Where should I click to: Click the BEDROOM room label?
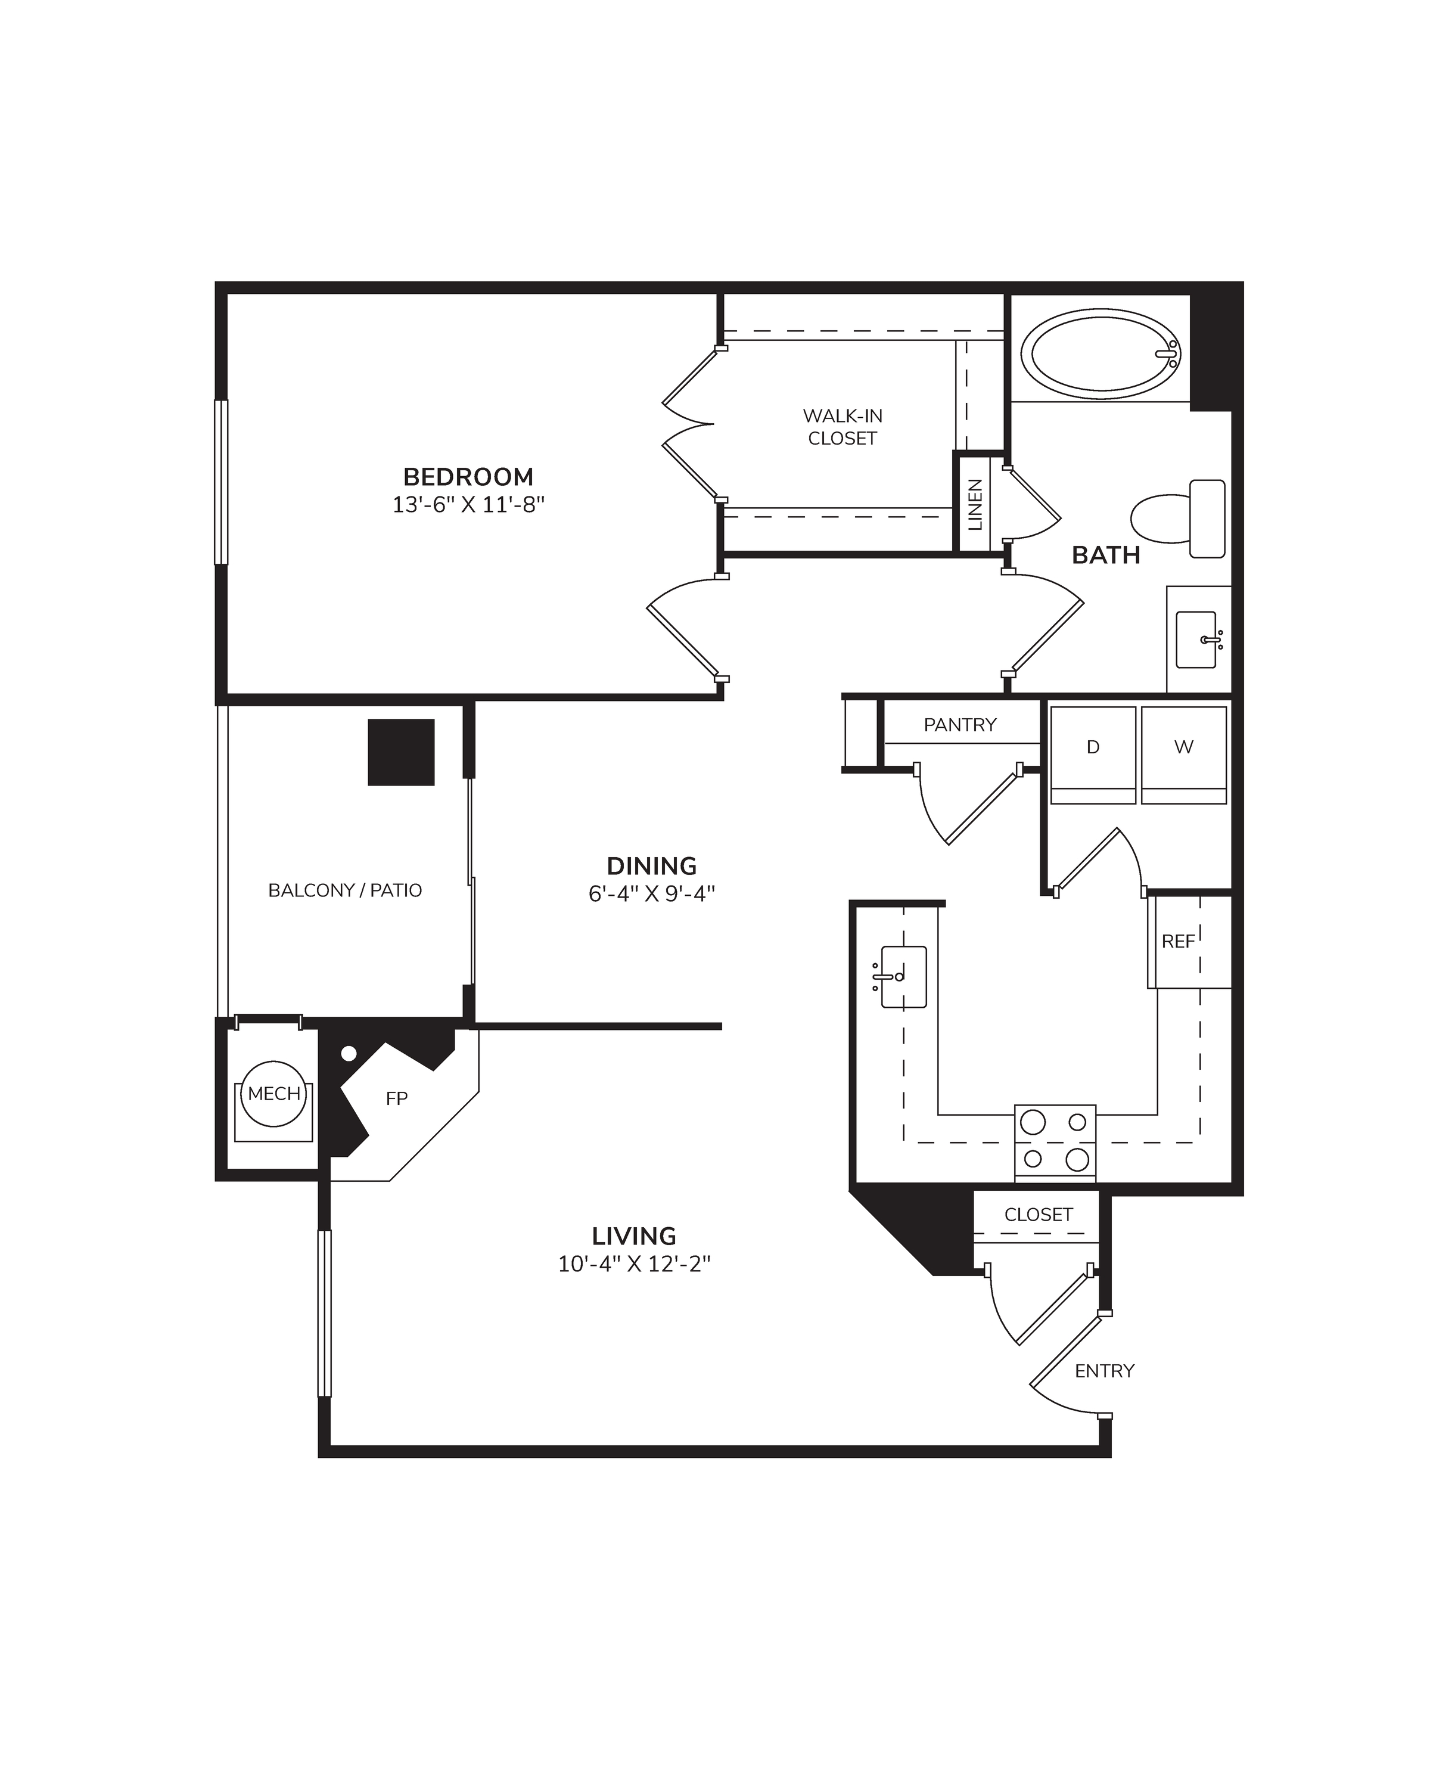[x=468, y=477]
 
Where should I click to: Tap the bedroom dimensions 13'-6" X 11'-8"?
[x=468, y=504]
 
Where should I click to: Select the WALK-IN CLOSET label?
[x=843, y=427]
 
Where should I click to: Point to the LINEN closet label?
[x=975, y=504]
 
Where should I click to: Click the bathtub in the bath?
[x=1100, y=354]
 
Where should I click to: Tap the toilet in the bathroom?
[x=1178, y=519]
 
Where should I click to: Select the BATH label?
[x=1106, y=555]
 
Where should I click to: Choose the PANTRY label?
[x=960, y=725]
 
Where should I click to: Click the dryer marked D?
[x=1093, y=755]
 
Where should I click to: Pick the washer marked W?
[x=1184, y=755]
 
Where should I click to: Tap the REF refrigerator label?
[x=1178, y=941]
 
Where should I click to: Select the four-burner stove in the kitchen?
[x=1055, y=1142]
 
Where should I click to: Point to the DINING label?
[x=652, y=866]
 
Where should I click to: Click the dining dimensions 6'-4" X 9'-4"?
[x=652, y=893]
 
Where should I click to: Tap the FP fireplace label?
[x=397, y=1099]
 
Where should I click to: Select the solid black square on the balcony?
[x=401, y=752]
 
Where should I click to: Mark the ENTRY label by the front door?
[x=1104, y=1371]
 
